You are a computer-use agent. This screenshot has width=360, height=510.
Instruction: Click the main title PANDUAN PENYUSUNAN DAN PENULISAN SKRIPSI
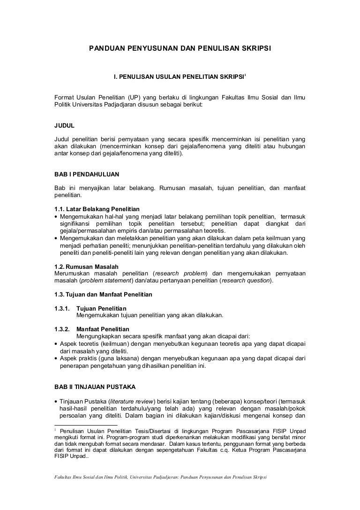point(180,48)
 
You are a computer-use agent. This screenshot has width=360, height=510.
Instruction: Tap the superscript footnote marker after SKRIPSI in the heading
point(245,74)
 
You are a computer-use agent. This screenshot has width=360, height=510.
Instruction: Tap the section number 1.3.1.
point(62,308)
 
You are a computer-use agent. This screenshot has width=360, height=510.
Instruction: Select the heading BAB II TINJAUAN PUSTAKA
point(95,387)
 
